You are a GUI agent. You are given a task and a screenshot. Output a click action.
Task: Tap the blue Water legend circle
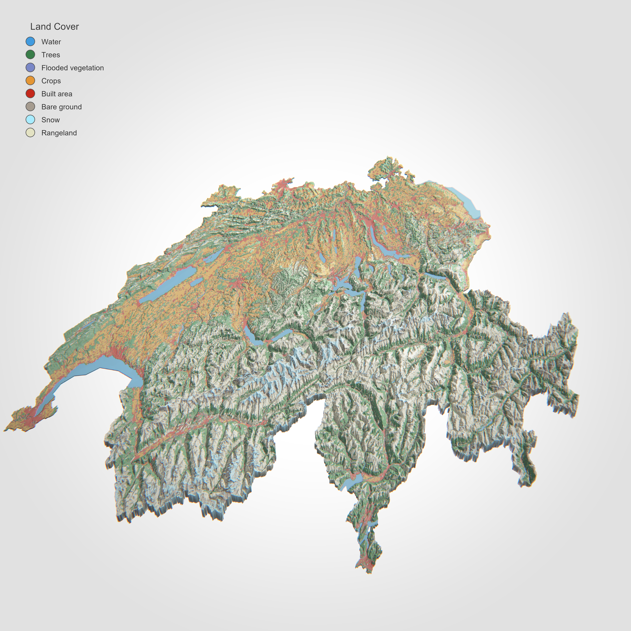(30, 41)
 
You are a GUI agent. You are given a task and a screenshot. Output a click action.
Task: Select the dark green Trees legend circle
(30, 55)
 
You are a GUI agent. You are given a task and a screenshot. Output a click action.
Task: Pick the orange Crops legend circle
(30, 81)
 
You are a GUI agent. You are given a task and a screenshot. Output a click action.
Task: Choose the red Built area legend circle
(30, 94)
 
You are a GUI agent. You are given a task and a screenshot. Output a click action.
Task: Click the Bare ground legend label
(61, 107)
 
